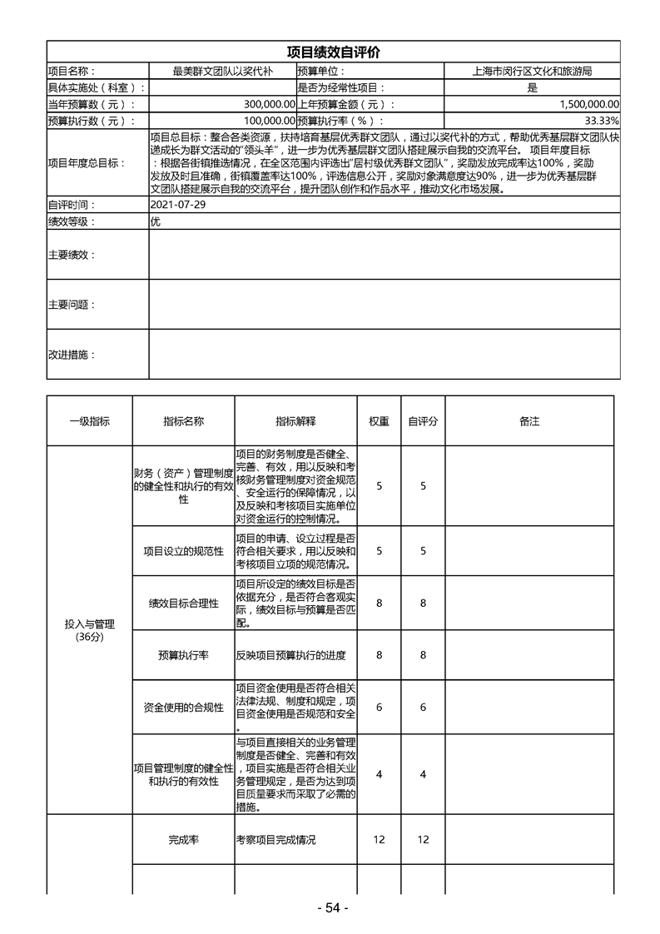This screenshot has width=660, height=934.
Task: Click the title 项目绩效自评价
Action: (333, 52)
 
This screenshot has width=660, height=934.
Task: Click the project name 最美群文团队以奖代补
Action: (221, 72)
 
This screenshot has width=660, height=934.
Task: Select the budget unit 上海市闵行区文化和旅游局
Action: (532, 72)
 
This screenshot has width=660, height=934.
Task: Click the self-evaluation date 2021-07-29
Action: (177, 205)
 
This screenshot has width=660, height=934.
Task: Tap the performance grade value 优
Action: (155, 221)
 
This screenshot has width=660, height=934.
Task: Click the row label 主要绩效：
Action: (72, 255)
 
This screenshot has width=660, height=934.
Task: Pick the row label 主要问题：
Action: (72, 305)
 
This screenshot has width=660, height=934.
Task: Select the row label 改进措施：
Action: (72, 355)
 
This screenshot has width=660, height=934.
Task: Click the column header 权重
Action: (379, 421)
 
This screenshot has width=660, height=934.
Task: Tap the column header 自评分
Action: (423, 421)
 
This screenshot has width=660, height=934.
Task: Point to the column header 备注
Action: (529, 421)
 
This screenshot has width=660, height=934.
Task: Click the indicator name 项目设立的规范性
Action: (183, 551)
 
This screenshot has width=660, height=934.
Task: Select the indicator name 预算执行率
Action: (183, 655)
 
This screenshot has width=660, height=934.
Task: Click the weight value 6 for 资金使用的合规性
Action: (379, 707)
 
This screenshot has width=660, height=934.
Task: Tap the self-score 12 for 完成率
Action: (423, 840)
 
